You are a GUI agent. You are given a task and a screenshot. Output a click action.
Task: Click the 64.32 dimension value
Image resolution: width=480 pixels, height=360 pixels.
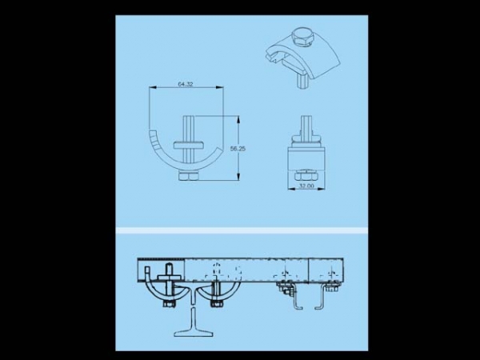coord(186,84)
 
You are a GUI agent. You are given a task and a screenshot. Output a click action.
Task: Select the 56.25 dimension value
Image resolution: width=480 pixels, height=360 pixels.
coord(238,149)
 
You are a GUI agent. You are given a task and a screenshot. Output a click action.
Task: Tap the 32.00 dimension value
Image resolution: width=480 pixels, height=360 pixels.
coord(306,186)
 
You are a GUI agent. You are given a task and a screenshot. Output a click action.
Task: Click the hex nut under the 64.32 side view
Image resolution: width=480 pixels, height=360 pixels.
coord(188,177)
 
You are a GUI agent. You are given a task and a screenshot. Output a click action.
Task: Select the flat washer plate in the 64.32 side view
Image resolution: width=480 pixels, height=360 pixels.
coord(189,145)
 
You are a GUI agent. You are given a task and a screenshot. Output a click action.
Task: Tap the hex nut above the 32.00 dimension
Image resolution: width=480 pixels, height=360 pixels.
coord(306,176)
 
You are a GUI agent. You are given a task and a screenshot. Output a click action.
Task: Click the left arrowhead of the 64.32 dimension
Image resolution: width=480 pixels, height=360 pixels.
coord(153,87)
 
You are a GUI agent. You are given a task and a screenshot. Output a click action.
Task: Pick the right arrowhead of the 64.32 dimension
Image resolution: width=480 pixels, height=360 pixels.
coord(220,87)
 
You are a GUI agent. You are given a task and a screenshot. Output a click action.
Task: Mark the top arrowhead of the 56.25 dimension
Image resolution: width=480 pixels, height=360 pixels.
coord(238,119)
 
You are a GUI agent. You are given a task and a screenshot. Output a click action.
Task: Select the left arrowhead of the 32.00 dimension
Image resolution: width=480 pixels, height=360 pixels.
coord(292,189)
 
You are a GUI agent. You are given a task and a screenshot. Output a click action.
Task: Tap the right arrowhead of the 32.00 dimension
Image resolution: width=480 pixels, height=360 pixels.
coord(321,189)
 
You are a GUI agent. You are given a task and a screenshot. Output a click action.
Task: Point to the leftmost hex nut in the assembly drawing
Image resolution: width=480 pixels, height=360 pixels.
coord(169,304)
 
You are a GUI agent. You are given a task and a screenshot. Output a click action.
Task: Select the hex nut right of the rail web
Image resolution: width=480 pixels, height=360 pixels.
coord(217,304)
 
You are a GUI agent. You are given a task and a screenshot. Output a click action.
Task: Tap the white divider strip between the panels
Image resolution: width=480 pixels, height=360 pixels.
coord(242,230)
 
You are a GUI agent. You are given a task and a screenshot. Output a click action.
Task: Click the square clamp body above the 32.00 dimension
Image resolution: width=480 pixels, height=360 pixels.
coord(306,157)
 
